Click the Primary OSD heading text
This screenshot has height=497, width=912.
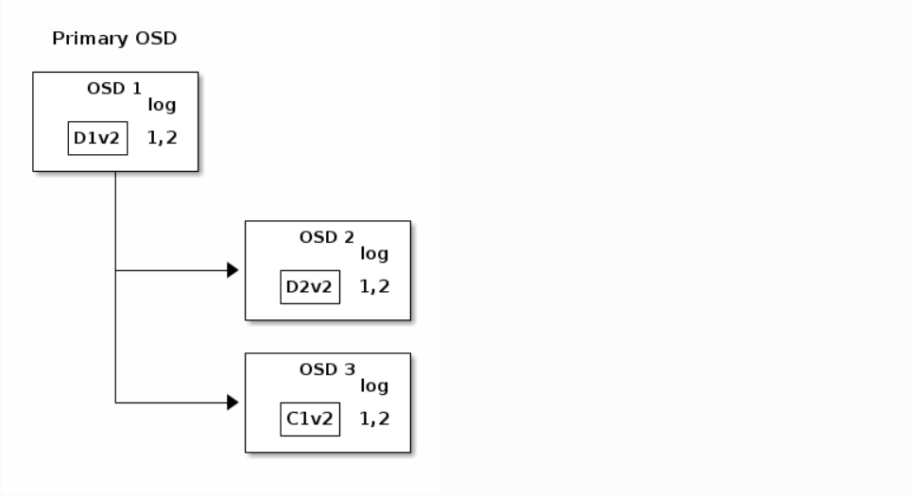click(x=114, y=39)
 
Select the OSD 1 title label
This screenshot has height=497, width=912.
click(x=114, y=89)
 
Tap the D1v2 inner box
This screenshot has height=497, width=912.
click(x=97, y=138)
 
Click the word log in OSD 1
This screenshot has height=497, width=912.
click(x=162, y=105)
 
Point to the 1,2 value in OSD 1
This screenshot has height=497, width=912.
click(x=163, y=138)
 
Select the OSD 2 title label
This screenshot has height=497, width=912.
click(x=326, y=237)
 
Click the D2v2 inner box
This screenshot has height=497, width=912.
click(x=310, y=287)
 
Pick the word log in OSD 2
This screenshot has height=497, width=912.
click(x=374, y=254)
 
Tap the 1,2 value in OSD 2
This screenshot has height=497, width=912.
click(x=374, y=286)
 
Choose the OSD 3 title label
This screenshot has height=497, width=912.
click(x=327, y=369)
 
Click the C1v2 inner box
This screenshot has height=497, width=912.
click(x=310, y=420)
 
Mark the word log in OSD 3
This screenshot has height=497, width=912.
click(x=374, y=386)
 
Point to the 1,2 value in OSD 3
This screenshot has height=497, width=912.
click(x=374, y=419)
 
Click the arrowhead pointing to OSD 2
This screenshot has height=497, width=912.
click(x=232, y=270)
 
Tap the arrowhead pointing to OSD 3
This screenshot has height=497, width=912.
click(x=232, y=403)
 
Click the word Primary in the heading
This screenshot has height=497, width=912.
click(x=90, y=39)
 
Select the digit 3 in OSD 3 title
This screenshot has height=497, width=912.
click(x=349, y=369)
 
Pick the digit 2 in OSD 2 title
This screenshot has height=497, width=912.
click(x=349, y=237)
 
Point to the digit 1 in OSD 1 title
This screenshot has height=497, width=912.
click(x=137, y=89)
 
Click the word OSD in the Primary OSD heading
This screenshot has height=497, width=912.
click(x=156, y=39)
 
